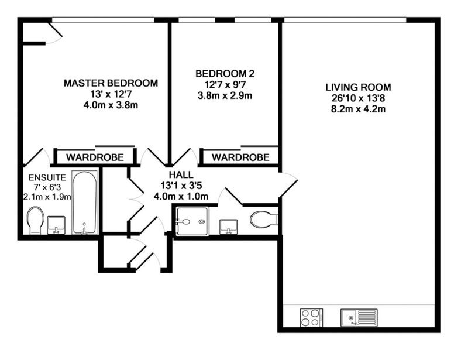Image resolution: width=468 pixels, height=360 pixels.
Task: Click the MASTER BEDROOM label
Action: pyautogui.click(x=111, y=83)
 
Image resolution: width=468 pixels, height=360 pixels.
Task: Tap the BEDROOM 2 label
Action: pyautogui.click(x=225, y=74)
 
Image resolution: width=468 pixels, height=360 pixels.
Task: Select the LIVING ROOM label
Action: pyautogui.click(x=358, y=87)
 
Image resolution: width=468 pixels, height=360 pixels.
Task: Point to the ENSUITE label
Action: pyautogui.click(x=47, y=177)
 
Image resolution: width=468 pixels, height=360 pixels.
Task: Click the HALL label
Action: pyautogui.click(x=181, y=174)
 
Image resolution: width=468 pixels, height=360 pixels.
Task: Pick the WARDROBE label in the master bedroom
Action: pyautogui.click(x=95, y=157)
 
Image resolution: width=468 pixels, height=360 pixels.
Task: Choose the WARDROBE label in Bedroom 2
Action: pyautogui.click(x=240, y=157)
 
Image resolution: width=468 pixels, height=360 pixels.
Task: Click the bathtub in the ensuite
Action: pyautogui.click(x=85, y=203)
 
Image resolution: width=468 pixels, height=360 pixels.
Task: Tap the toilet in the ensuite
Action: pyautogui.click(x=35, y=221)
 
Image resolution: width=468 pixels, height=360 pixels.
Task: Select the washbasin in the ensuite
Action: pyautogui.click(x=56, y=225)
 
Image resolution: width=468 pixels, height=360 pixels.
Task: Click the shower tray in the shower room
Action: pyautogui.click(x=192, y=221)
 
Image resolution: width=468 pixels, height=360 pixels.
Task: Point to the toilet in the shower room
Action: pyautogui.click(x=264, y=220)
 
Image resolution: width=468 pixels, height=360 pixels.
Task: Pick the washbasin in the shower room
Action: pyautogui.click(x=229, y=227)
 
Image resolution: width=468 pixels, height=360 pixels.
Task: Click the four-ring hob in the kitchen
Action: pyautogui.click(x=311, y=318)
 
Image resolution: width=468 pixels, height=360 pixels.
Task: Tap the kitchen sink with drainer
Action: pyautogui.click(x=359, y=318)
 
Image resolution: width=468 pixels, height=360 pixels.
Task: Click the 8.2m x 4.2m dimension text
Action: pyautogui.click(x=358, y=109)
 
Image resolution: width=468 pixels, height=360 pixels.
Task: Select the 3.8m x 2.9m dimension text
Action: pyautogui.click(x=225, y=96)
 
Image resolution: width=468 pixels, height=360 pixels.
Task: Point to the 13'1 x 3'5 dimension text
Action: pyautogui.click(x=181, y=186)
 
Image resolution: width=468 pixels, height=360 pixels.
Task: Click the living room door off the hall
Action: pyautogui.click(x=288, y=185)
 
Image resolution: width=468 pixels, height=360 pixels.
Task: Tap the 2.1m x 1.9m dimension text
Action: pyautogui.click(x=47, y=197)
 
